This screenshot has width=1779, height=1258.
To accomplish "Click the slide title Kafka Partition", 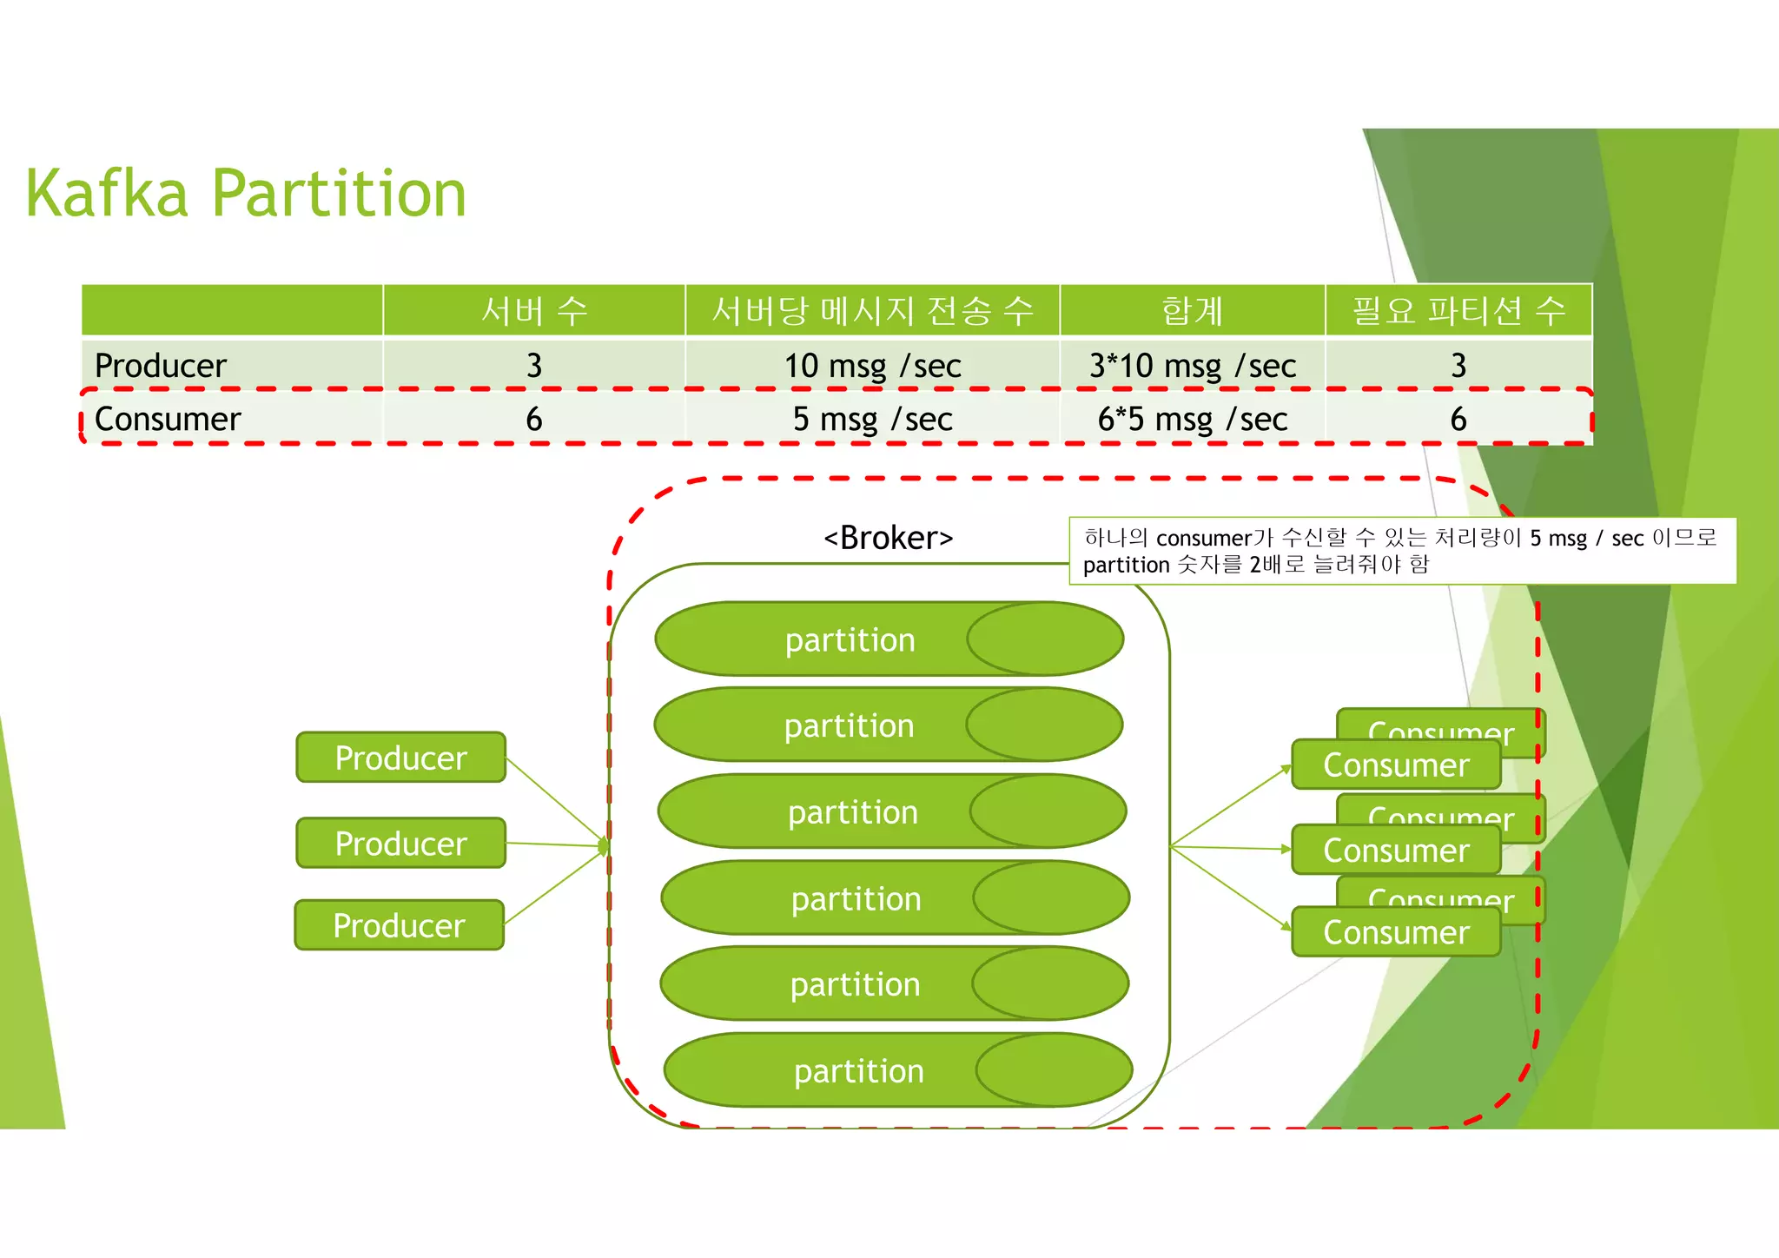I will tap(246, 193).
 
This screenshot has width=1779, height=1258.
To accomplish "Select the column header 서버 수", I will tap(534, 310).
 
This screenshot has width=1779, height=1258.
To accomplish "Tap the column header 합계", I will tap(1192, 310).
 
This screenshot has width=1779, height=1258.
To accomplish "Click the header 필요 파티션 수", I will tap(1458, 310).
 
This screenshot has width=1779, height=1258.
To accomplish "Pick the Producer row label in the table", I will tap(161, 366).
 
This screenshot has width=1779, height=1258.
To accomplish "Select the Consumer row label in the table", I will tap(168, 419).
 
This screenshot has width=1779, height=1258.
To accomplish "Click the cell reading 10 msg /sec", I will tap(872, 366).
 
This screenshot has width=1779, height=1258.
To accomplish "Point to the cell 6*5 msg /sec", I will tap(1192, 419).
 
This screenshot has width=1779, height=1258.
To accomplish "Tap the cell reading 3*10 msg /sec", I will tap(1192, 366).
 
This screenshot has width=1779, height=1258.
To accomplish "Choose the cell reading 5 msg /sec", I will tap(872, 419).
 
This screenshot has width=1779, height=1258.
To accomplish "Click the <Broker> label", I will tap(888, 538).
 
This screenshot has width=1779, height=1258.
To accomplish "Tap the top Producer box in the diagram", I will tap(400, 758).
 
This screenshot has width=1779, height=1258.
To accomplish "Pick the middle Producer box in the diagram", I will tap(400, 843).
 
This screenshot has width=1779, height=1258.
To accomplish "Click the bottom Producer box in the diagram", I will tap(399, 925).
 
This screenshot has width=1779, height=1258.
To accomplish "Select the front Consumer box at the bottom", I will tap(1396, 932).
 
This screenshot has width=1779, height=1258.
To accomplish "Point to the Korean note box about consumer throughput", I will tap(1401, 551).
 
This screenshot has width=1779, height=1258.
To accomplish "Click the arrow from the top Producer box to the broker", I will tap(556, 799).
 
